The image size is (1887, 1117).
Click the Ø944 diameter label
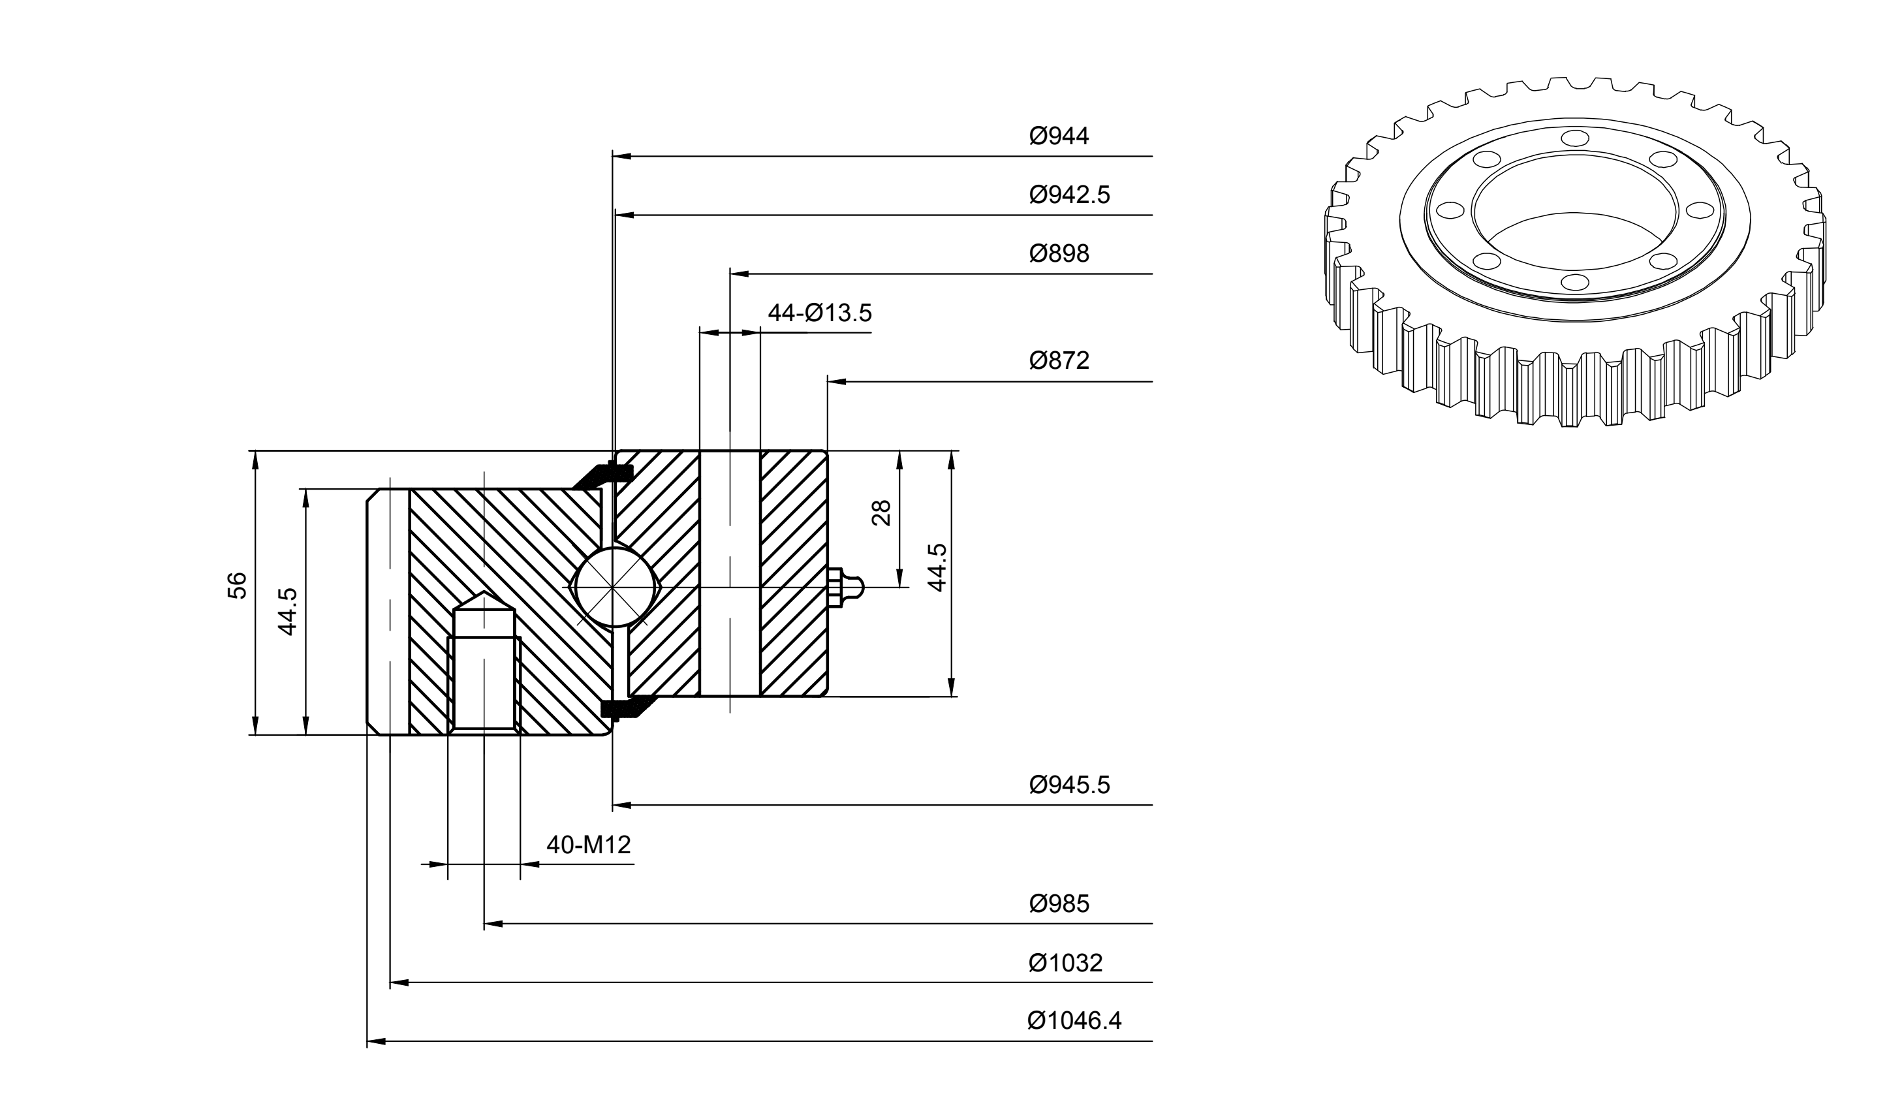coord(1059,136)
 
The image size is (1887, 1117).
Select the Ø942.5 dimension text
coord(1069,195)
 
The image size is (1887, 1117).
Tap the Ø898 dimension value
coord(1059,254)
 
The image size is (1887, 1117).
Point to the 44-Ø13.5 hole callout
coord(819,313)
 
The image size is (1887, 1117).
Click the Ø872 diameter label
coord(1059,360)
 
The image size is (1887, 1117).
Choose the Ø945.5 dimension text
coord(1069,785)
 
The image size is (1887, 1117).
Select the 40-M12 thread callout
coord(588,845)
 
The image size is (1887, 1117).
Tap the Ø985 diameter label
coord(1059,904)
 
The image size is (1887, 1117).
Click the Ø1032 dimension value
coord(1065,963)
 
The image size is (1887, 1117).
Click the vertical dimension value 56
coord(237,585)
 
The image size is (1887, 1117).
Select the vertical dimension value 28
coord(881,512)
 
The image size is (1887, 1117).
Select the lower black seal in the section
coord(629,708)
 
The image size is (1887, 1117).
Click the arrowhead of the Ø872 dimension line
coord(837,382)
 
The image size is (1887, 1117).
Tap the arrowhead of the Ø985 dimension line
coord(493,924)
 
